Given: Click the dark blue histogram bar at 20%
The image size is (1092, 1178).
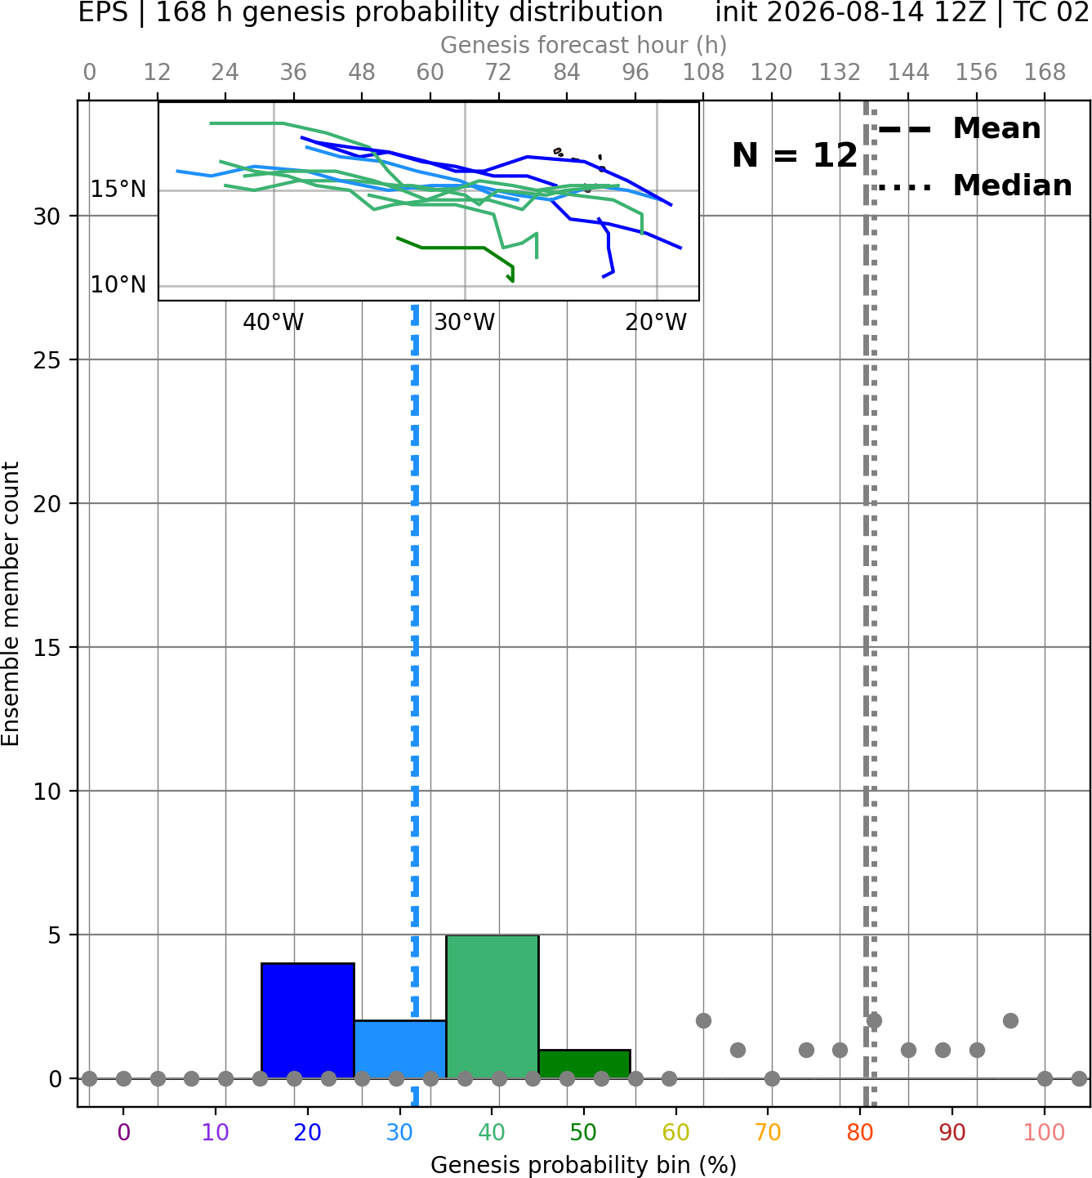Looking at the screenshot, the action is coord(308,1021).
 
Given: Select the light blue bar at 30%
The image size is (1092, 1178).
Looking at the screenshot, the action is coord(400,1049).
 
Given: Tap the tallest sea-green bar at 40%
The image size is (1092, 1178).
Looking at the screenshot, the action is coord(493,1006).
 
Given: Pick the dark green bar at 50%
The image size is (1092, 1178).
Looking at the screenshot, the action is coord(584,1064).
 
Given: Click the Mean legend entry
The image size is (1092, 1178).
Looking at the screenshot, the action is coord(959,129).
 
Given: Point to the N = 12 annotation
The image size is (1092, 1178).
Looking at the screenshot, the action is coord(795,155).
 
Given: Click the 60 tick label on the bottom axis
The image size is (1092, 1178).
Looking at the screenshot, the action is coord(675,1132).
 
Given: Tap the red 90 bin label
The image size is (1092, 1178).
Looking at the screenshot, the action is coord(952,1132).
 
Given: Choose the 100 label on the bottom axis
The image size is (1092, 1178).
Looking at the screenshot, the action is coord(1045,1132).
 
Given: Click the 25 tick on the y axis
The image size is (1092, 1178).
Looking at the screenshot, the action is coord(47,360).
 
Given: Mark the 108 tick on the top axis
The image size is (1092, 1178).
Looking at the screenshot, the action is coord(703,73).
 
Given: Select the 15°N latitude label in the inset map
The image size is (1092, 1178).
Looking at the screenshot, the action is coord(118,190).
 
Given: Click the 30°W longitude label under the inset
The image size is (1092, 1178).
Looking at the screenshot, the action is coord(465,323).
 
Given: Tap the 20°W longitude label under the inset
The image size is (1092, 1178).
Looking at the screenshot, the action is coord(656,323).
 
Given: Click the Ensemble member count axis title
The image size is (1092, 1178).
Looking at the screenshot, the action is coord(11,604).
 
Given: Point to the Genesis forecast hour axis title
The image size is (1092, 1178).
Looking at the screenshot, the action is coord(584,45).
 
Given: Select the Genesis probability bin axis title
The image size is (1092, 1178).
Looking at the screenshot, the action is coord(584,1165).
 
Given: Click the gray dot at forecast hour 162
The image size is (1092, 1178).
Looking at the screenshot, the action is coord(1011,1021).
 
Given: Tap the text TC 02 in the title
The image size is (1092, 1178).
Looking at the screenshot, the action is coord(1050,12).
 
